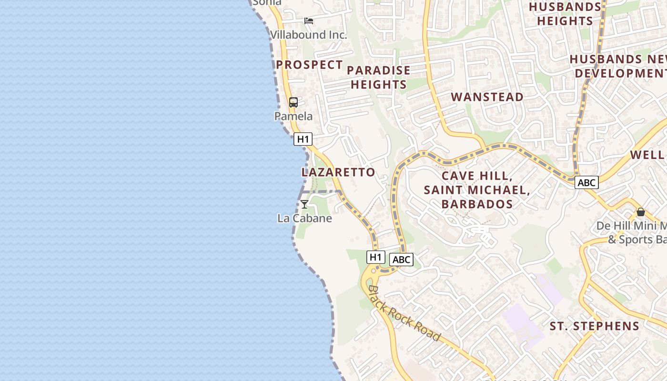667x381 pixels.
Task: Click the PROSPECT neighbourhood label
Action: click(x=309, y=65)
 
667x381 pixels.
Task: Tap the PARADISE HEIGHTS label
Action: click(x=379, y=78)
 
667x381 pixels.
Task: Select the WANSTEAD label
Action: click(x=487, y=97)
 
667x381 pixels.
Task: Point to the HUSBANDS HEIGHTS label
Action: click(x=565, y=14)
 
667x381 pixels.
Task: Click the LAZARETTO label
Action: click(x=338, y=172)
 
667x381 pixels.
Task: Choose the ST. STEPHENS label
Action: click(x=594, y=326)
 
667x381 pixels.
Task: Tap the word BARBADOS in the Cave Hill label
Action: click(x=477, y=204)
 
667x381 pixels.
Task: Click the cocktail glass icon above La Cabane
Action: click(x=304, y=204)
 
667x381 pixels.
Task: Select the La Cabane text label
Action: click(x=304, y=219)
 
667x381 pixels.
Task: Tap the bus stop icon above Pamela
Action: click(x=293, y=102)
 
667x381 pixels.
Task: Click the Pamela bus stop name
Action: click(x=293, y=116)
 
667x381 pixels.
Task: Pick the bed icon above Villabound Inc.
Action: click(x=309, y=21)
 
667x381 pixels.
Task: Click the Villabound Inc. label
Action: click(x=309, y=35)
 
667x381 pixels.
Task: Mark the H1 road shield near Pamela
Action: click(x=303, y=139)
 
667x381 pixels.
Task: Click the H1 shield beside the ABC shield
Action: click(x=375, y=257)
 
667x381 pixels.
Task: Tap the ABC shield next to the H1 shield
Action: click(x=401, y=260)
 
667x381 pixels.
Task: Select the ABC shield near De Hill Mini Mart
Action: click(x=586, y=182)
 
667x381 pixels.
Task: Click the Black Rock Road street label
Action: click(x=404, y=313)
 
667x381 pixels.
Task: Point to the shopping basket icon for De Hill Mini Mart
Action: click(x=641, y=212)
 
